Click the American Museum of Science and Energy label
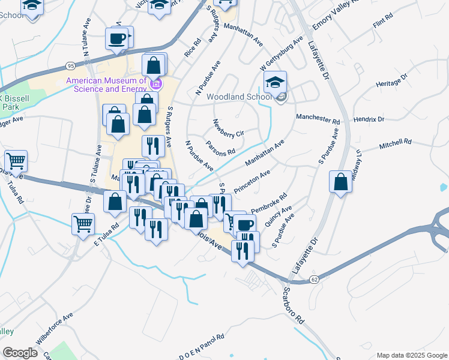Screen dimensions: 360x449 (106, 85)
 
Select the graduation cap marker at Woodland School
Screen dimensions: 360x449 (275, 83)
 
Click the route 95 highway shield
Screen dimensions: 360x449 (71, 65)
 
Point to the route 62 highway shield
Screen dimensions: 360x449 (314, 279)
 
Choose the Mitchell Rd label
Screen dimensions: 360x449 (395, 144)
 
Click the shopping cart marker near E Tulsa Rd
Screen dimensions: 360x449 (83, 224)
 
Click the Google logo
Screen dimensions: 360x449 (20, 353)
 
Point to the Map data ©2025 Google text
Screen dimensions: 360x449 (411, 355)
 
